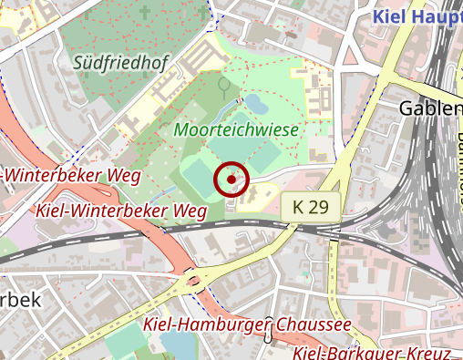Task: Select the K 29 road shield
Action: pyautogui.click(x=311, y=207)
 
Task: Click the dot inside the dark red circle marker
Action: pyautogui.click(x=231, y=180)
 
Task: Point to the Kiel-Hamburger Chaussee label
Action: pyautogui.click(x=247, y=325)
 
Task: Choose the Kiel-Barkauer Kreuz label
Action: pyautogui.click(x=374, y=353)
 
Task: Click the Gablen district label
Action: pyautogui.click(x=430, y=108)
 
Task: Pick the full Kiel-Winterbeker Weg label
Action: pyautogui.click(x=120, y=211)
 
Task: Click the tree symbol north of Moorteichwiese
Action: pyautogui.click(x=223, y=87)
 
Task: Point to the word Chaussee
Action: pyautogui.click(x=307, y=325)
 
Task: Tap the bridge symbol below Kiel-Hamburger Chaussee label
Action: pyautogui.click(x=268, y=340)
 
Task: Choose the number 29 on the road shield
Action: pyautogui.click(x=318, y=207)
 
